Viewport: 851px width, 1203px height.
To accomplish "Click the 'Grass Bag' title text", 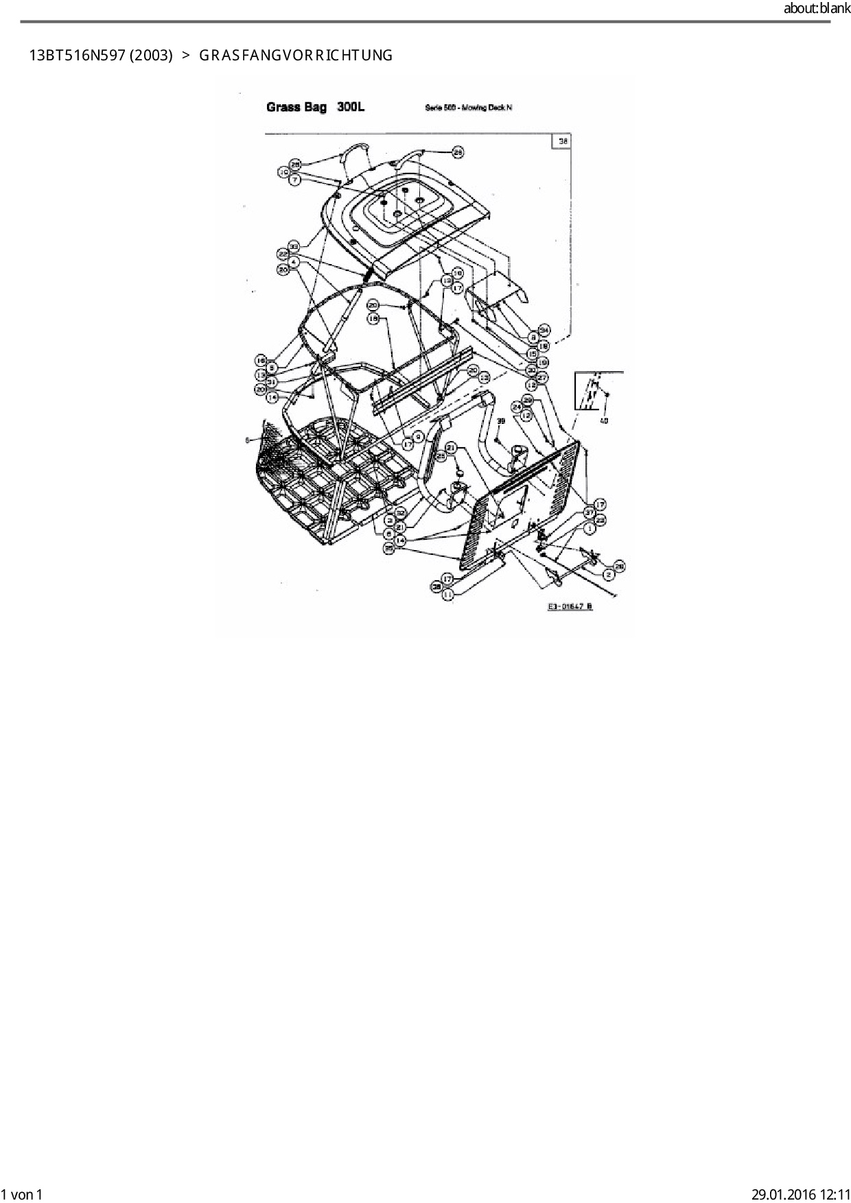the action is point(296,108).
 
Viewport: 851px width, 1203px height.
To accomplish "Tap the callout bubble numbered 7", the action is point(294,180).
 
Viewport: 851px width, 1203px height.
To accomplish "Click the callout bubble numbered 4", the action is point(294,261).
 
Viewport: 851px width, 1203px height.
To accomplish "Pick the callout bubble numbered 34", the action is point(544,329).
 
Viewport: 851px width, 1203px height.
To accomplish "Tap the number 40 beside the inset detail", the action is point(604,420).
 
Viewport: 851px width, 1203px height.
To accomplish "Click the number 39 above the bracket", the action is point(501,421).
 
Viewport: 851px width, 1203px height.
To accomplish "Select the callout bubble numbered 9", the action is point(418,437).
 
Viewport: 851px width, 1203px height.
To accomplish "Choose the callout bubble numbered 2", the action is point(609,574).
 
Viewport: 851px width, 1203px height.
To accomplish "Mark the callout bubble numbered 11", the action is point(447,596).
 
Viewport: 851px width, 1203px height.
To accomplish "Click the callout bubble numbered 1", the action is point(589,529).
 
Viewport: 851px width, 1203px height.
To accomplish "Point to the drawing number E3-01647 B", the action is point(570,606).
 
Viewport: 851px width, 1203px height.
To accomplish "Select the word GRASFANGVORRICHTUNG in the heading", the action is point(296,56).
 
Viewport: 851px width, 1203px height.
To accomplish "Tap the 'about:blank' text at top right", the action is point(816,9).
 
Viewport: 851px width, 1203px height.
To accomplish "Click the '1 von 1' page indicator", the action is point(21,1195).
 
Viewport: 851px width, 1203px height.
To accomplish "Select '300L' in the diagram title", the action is point(351,108).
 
